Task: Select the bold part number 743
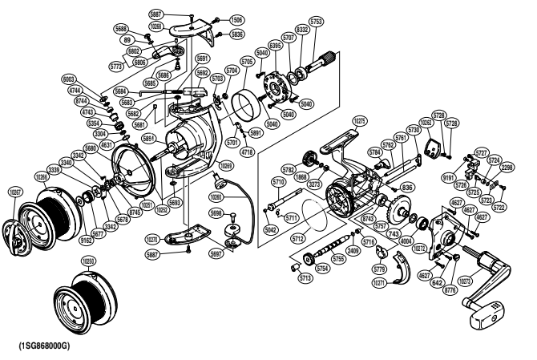click(394, 233)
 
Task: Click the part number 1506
click(237, 18)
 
